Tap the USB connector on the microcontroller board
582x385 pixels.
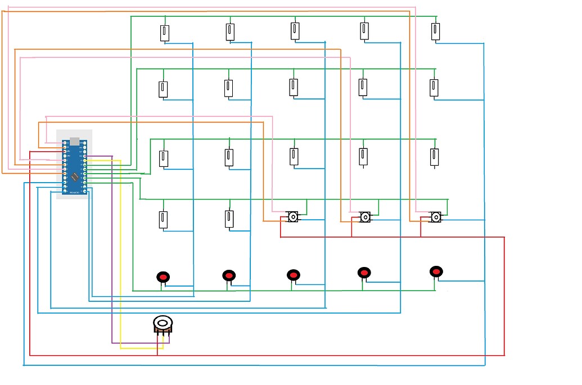point(74,141)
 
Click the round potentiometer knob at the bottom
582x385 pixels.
point(163,323)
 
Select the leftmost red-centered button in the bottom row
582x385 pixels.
point(163,277)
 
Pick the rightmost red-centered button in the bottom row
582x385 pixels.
point(436,271)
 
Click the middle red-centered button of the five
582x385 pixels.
point(293,275)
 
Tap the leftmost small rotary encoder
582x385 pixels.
point(293,216)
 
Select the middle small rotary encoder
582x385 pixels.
point(365,216)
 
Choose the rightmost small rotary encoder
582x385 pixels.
point(436,216)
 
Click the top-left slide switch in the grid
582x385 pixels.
point(164,33)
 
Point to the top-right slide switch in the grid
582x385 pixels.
point(436,31)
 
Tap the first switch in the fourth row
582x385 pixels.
point(163,219)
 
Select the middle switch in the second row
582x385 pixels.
point(293,87)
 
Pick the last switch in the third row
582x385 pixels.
point(434,157)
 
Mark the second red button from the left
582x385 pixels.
point(228,275)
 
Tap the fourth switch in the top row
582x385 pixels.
point(364,30)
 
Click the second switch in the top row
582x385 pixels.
point(229,31)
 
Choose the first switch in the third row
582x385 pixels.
point(164,158)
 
